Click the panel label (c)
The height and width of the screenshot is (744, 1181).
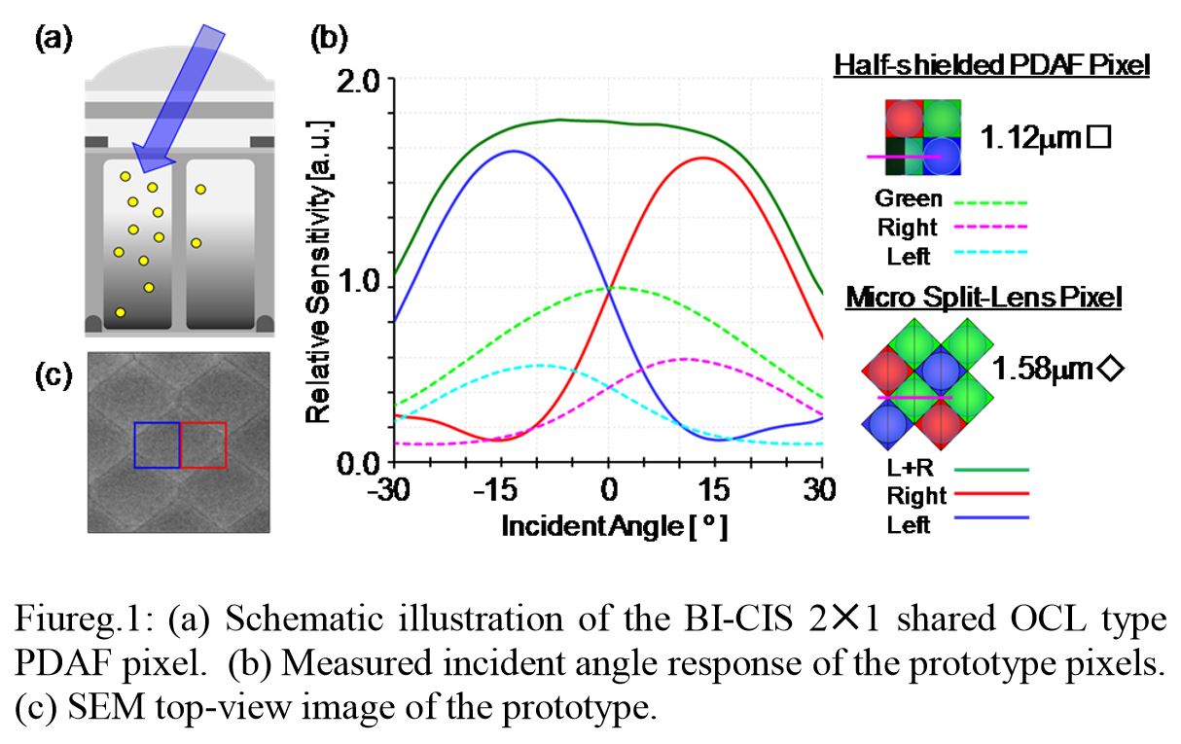(54, 375)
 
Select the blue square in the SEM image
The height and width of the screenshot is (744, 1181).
(157, 444)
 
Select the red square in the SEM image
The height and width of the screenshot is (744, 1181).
(203, 444)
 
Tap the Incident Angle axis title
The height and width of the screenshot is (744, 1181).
(614, 526)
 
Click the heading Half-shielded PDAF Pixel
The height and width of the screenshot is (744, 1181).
(991, 66)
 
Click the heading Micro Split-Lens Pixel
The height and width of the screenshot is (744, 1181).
(984, 298)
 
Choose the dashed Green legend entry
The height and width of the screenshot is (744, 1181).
(948, 199)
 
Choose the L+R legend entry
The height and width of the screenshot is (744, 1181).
(948, 468)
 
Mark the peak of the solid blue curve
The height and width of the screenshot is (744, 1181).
(514, 151)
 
